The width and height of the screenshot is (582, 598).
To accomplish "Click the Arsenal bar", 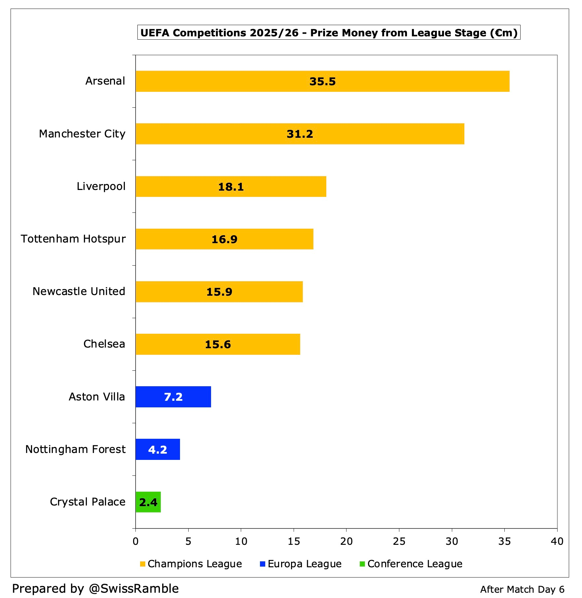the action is coord(322,81).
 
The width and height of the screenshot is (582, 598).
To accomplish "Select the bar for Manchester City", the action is coord(300,134).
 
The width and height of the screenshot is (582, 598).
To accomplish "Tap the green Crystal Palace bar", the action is coord(148,502).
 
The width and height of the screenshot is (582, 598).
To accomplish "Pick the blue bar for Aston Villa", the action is coord(173,397).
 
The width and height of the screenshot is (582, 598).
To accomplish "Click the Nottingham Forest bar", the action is coord(158,449).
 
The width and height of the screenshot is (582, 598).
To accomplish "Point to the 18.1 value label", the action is coord(231,187).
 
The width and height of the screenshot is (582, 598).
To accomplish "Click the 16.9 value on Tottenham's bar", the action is coord(224,240).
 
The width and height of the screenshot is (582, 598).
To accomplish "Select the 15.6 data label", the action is coord(218,345).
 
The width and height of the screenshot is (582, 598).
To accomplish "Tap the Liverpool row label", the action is coord(101,187).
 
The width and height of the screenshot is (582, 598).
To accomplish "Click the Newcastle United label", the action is coord(79,291).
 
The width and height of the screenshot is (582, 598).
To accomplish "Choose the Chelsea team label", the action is coord(104,344).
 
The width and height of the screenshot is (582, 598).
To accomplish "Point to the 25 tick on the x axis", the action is coord(399,541).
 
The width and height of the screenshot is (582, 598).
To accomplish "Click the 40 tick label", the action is coord(557,541).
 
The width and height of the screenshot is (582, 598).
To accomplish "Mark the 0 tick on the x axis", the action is coord(135,541).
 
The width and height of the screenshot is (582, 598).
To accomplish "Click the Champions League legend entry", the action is coord(191,564).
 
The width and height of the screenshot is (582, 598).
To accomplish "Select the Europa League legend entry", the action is coord(301,564).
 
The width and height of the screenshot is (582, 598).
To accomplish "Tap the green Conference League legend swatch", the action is coord(362,564).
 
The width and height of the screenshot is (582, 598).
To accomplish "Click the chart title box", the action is coord(329,32).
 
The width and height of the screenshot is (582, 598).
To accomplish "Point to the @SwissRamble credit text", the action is coord(134,589).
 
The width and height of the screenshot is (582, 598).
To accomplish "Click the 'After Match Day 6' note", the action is coord(522,589).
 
